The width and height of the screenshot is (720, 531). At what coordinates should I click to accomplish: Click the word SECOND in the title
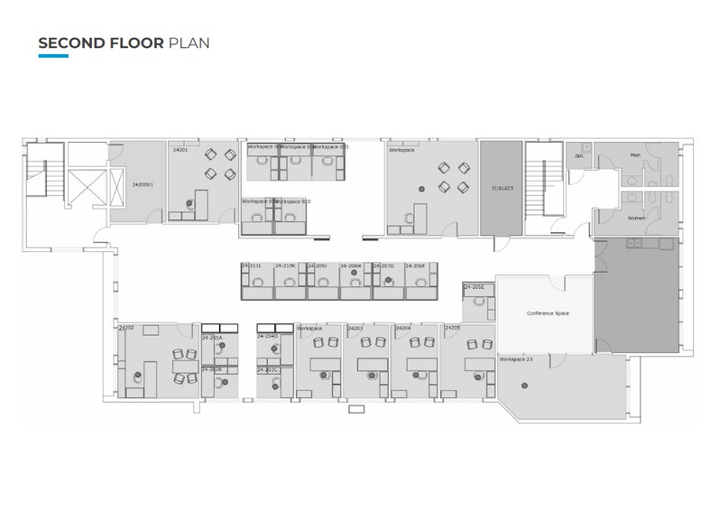click(x=69, y=42)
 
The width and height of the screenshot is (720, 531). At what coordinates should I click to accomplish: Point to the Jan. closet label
click(x=579, y=155)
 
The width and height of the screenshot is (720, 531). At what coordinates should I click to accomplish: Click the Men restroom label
click(x=635, y=155)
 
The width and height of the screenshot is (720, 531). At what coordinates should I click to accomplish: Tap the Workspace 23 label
click(x=516, y=359)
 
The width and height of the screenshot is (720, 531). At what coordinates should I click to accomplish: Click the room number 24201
click(x=180, y=151)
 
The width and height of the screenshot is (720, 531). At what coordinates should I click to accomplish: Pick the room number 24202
click(x=126, y=328)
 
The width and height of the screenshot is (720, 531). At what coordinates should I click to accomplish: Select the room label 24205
click(x=453, y=328)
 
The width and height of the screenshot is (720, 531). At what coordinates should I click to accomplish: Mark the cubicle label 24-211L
click(x=252, y=266)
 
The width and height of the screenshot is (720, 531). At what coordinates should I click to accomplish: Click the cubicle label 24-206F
click(x=415, y=266)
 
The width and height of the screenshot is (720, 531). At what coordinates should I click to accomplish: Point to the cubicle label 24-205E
click(x=474, y=287)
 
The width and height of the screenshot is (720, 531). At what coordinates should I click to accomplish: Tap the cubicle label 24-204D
click(x=267, y=336)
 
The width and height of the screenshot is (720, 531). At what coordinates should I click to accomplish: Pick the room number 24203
click(x=355, y=328)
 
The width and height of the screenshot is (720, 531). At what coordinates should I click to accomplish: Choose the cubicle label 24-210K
click(x=286, y=266)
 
